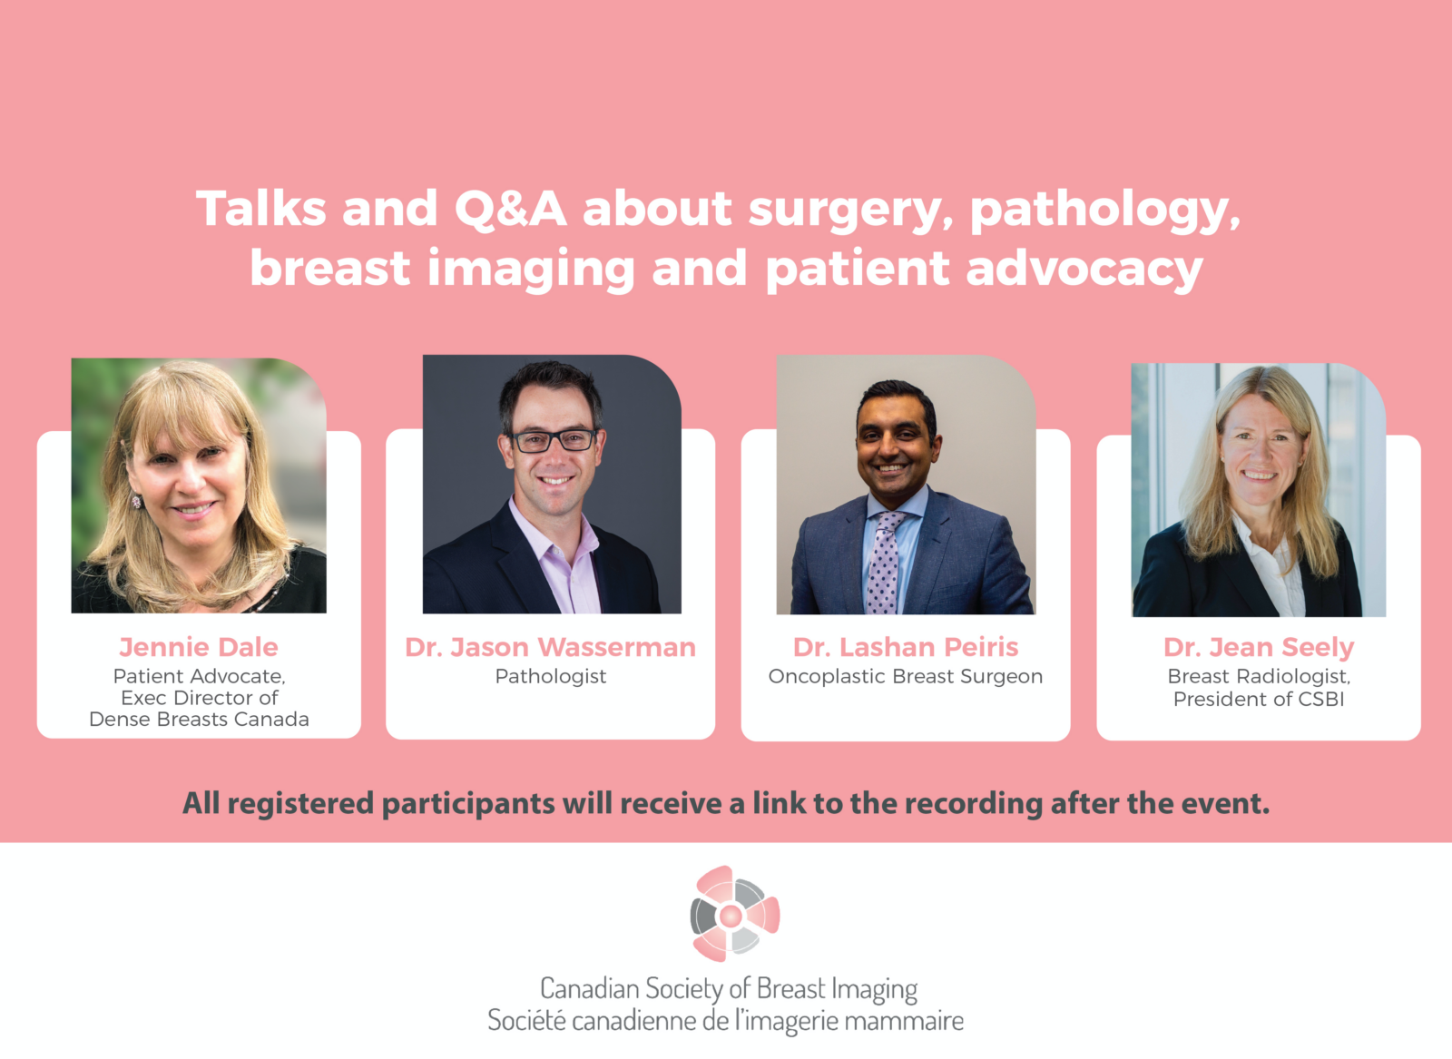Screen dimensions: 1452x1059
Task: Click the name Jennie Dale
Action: pyautogui.click(x=199, y=647)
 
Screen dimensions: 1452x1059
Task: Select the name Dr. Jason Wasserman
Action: pyautogui.click(x=550, y=647)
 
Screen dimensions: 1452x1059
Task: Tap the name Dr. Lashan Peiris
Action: pyautogui.click(x=906, y=647)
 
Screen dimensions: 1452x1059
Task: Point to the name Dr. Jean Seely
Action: pyautogui.click(x=1258, y=647)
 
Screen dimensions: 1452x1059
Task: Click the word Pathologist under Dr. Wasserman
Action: pyautogui.click(x=550, y=677)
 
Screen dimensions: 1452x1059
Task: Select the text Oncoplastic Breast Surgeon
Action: pyautogui.click(x=906, y=677)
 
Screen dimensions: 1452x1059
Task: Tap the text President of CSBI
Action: pyautogui.click(x=1258, y=700)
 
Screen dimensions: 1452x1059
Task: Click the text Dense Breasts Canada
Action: pyautogui.click(x=199, y=720)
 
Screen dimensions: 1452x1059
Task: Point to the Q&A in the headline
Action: pyautogui.click(x=510, y=209)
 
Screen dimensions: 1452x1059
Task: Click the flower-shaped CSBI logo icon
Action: pyautogui.click(x=734, y=914)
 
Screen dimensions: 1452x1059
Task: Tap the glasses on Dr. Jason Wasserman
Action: pyautogui.click(x=553, y=441)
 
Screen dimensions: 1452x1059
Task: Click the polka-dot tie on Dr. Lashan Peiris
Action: pyautogui.click(x=884, y=563)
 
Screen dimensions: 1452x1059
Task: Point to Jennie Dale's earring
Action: pyautogui.click(x=137, y=501)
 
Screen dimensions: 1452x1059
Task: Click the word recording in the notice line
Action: pyautogui.click(x=974, y=804)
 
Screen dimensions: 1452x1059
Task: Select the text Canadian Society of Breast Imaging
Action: pyautogui.click(x=729, y=989)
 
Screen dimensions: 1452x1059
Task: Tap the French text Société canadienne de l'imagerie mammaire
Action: pyautogui.click(x=725, y=1020)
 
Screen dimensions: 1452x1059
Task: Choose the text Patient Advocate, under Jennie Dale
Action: pyautogui.click(x=199, y=677)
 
